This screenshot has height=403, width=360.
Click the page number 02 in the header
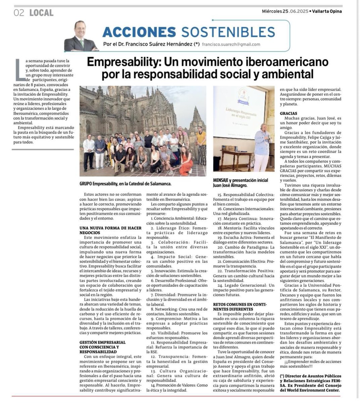pos(19,13)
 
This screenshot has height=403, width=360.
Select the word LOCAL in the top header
pos(41,13)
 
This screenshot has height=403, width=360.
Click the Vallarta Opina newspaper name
pos(327,11)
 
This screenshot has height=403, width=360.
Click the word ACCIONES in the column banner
pos(139,32)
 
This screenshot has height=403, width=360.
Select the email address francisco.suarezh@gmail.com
pos(231,44)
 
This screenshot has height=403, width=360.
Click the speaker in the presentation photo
pos(262,146)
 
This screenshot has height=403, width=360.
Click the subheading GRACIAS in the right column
pos(288,114)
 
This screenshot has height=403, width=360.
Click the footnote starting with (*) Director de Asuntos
pos(310,383)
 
